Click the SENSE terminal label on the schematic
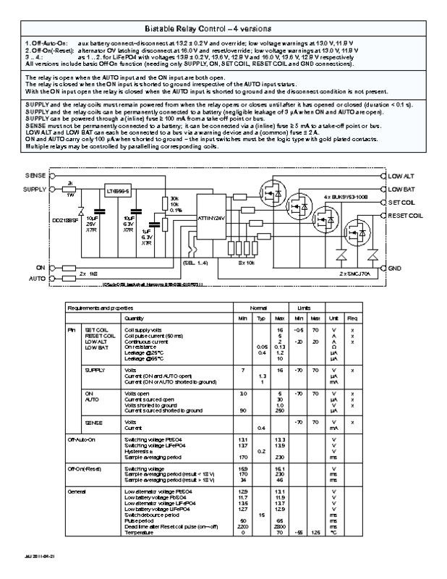pyautogui.click(x=35, y=176)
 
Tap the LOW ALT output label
pyautogui.click(x=401, y=176)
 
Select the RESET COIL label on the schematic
pyautogui.click(x=405, y=215)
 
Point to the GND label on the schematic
pyautogui.click(x=395, y=268)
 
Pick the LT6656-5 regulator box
pyautogui.click(x=116, y=191)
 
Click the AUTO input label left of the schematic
pyautogui.click(x=36, y=278)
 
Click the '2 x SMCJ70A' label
pyautogui.click(x=355, y=275)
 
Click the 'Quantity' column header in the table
pyautogui.click(x=135, y=318)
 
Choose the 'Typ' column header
pyautogui.click(x=262, y=318)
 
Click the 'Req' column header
pyautogui.click(x=352, y=318)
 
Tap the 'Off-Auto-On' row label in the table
pyautogui.click(x=81, y=439)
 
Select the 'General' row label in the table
pyautogui.click(x=77, y=491)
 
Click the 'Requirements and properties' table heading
pyautogui.click(x=95, y=308)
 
